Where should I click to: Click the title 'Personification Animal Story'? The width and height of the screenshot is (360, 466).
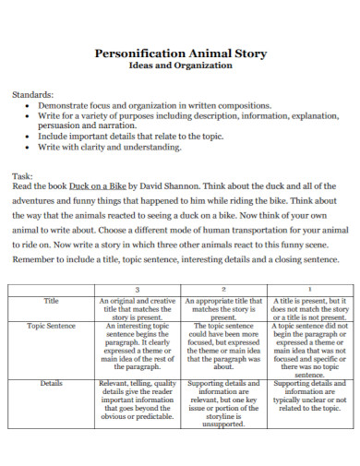click(181, 54)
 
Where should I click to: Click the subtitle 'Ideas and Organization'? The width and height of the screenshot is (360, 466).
click(181, 67)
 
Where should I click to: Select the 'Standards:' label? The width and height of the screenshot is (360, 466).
click(32, 94)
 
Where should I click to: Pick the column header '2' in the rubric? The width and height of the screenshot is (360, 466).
click(223, 288)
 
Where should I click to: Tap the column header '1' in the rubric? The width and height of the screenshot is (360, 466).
click(308, 288)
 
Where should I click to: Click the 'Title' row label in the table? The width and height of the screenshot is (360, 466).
click(52, 301)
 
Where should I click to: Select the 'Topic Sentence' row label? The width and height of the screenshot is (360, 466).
click(52, 327)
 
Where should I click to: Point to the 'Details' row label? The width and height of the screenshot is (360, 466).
click(52, 381)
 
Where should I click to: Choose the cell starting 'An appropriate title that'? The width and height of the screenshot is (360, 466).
click(223, 308)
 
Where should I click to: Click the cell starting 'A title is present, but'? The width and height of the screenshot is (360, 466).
click(308, 308)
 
